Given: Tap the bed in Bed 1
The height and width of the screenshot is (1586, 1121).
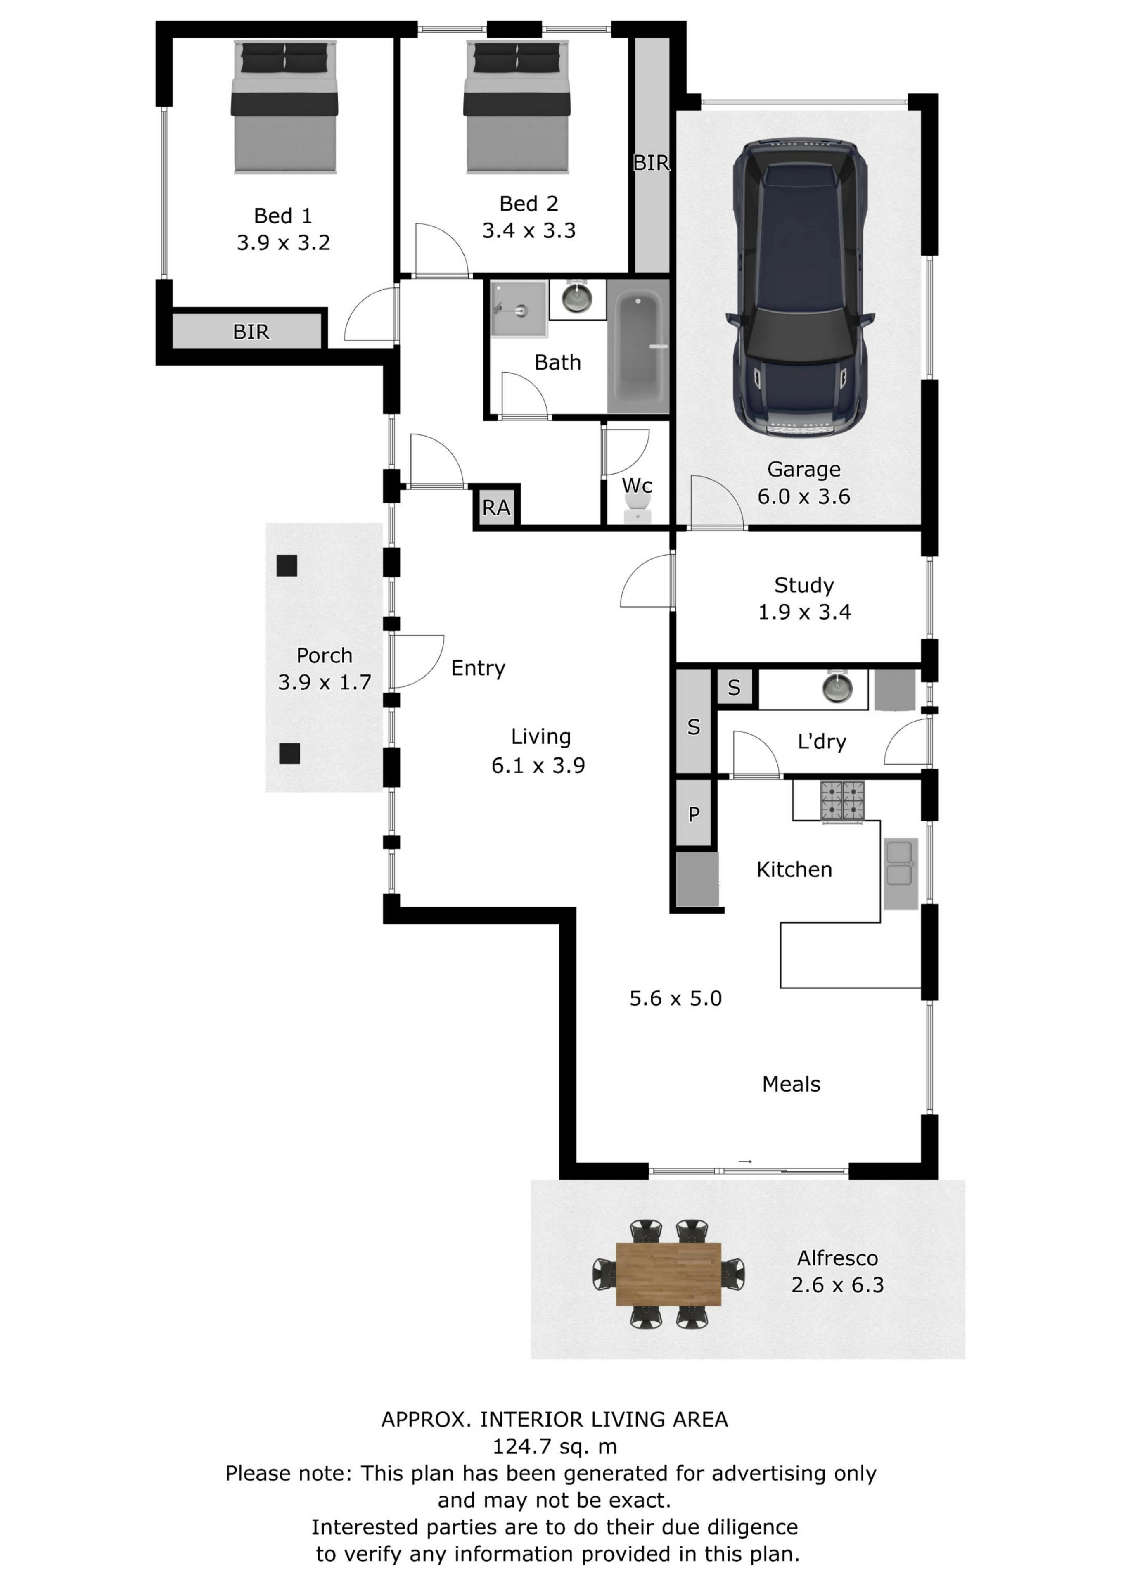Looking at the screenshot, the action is [284, 107].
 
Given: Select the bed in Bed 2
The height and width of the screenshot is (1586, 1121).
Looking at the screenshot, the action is [517, 107].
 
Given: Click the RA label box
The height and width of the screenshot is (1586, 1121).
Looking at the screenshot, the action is [496, 508].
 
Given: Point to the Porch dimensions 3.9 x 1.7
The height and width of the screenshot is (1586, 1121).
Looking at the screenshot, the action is [325, 682].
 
